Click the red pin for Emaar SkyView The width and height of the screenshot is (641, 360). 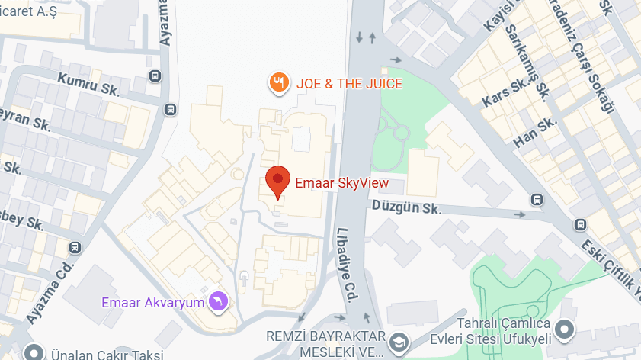(277, 182)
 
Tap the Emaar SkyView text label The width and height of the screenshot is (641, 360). (341, 183)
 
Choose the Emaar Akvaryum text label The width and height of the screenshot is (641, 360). (153, 303)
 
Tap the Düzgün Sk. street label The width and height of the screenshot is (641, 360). (406, 207)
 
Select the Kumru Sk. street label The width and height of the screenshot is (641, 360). (89, 82)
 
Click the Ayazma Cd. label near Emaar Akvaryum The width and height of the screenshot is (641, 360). (50, 293)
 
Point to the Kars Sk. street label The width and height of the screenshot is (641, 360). (503, 92)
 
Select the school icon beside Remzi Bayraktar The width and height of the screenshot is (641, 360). (397, 344)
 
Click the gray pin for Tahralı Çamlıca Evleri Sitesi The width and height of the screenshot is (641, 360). (564, 330)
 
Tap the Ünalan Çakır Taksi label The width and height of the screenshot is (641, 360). (107, 355)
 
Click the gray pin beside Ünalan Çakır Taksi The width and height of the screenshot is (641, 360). (33, 353)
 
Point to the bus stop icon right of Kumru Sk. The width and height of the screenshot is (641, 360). (155, 76)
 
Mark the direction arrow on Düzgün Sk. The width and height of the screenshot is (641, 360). (521, 214)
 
